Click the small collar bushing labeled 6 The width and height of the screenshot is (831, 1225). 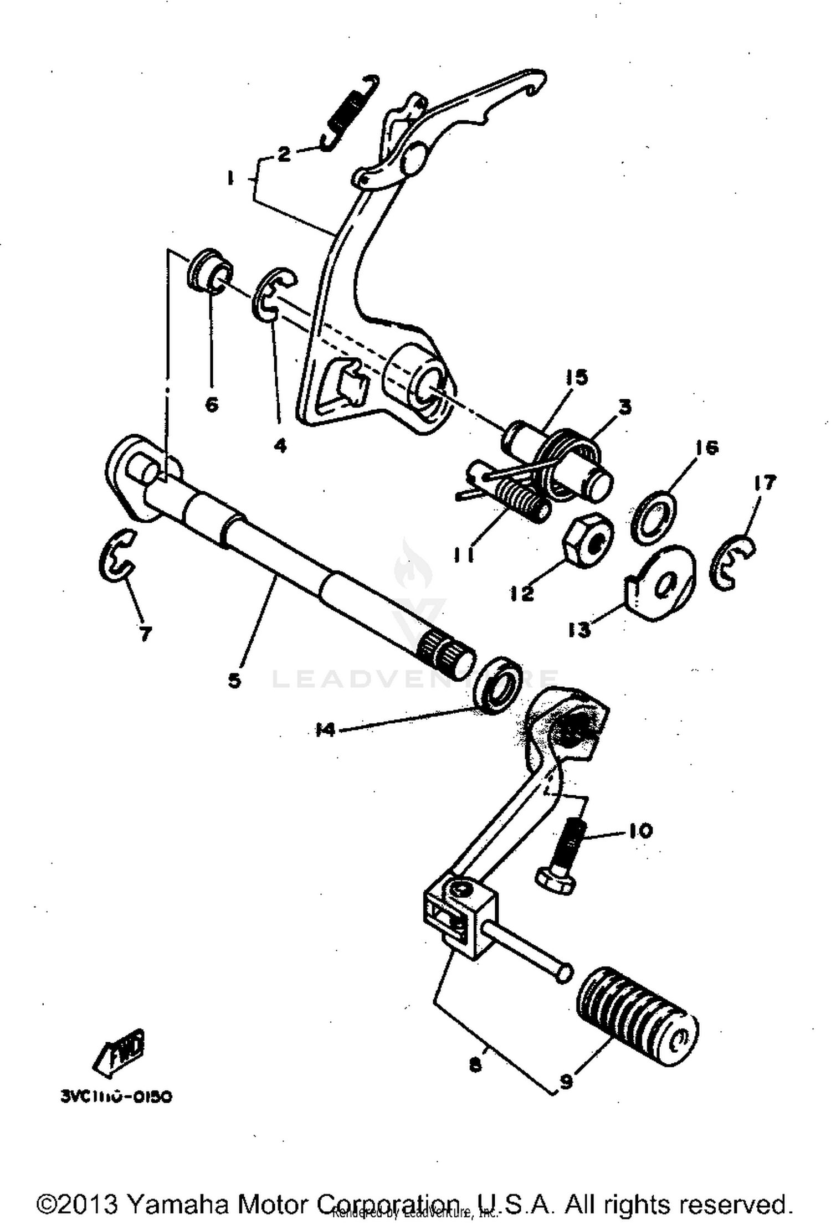pos(209,271)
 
